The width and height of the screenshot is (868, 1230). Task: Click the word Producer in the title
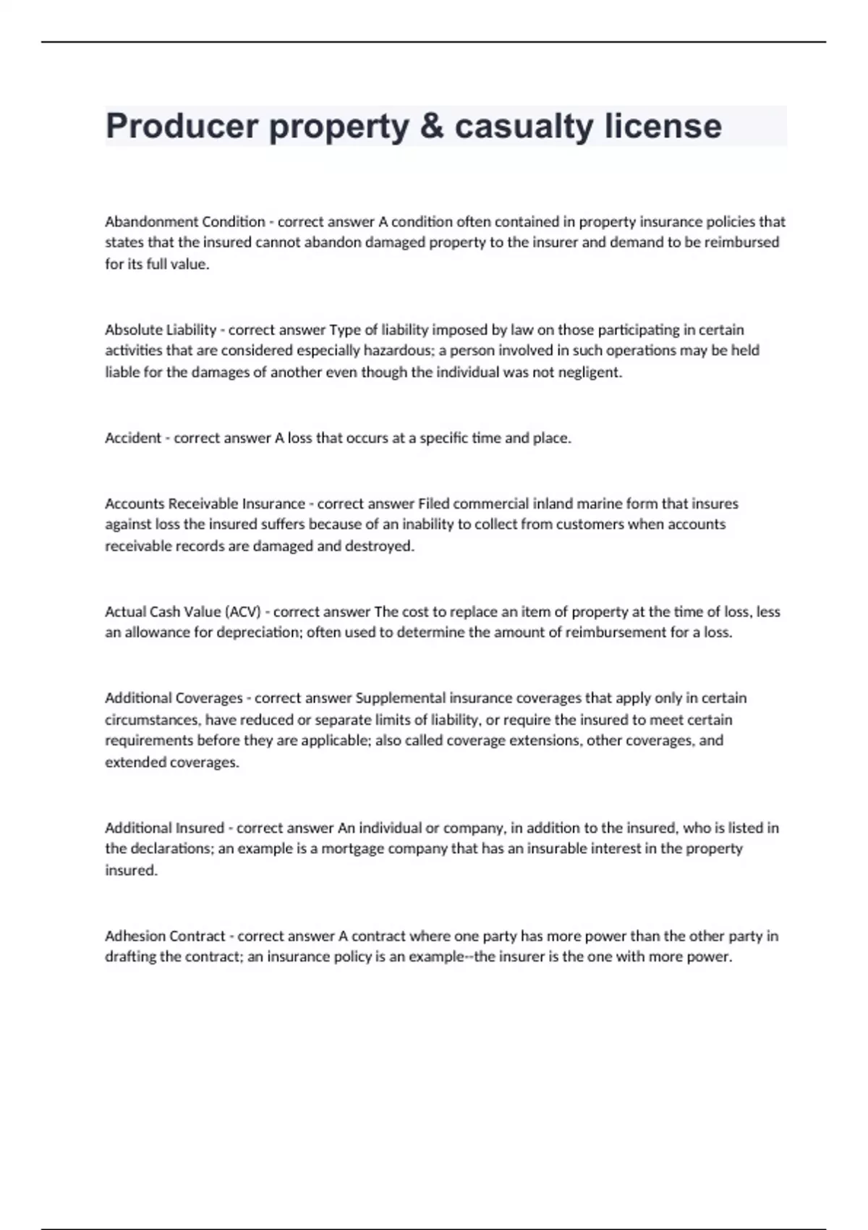coord(182,126)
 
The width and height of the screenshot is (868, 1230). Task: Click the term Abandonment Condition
coord(185,221)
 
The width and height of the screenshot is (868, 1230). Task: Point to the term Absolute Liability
coord(161,330)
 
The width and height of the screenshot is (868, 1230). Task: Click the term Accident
coord(133,438)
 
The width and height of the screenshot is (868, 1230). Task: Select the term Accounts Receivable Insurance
coord(205,504)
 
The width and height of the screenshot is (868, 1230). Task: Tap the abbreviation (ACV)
coord(243,611)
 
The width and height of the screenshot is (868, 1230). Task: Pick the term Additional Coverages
coord(174,698)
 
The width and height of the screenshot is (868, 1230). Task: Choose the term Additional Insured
coord(164,828)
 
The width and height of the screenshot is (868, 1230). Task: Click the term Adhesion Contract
coord(165,936)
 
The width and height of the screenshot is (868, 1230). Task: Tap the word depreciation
coord(259,632)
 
